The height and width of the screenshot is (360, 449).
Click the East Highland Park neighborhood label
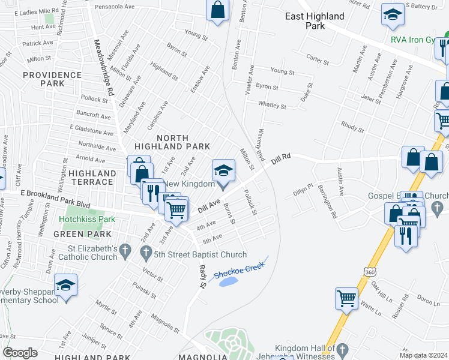315,21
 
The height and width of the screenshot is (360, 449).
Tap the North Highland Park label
172,141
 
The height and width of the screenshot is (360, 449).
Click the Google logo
20,353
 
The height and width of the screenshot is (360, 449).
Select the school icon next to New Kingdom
223,171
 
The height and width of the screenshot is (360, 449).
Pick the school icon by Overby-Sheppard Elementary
65,286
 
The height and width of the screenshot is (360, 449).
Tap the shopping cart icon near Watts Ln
346,298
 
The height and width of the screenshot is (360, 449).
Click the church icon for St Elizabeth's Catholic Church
125,249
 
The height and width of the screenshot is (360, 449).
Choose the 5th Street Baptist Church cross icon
145,254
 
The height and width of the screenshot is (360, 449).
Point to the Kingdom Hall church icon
342,349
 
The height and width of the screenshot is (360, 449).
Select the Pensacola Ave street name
115,7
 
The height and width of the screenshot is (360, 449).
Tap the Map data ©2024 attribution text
424,355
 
